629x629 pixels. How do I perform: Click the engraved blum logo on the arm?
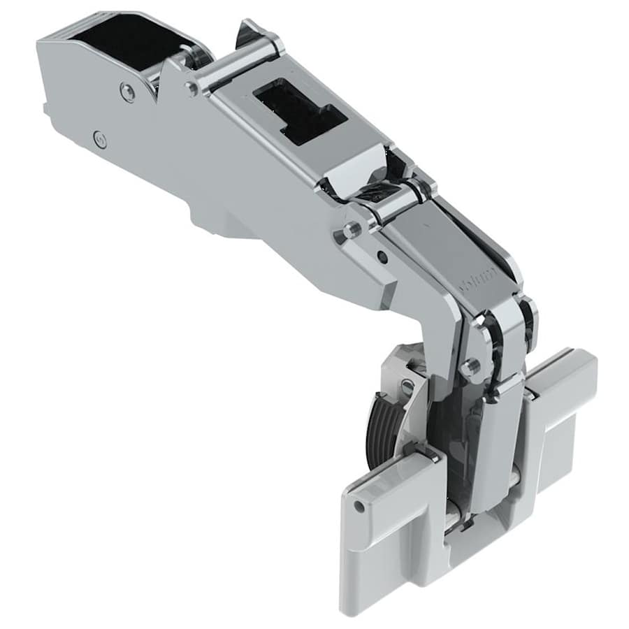(478, 277)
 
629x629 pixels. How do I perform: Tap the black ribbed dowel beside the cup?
(381, 430)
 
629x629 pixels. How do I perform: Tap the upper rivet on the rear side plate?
(128, 91)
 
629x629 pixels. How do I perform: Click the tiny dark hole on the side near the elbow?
(382, 257)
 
